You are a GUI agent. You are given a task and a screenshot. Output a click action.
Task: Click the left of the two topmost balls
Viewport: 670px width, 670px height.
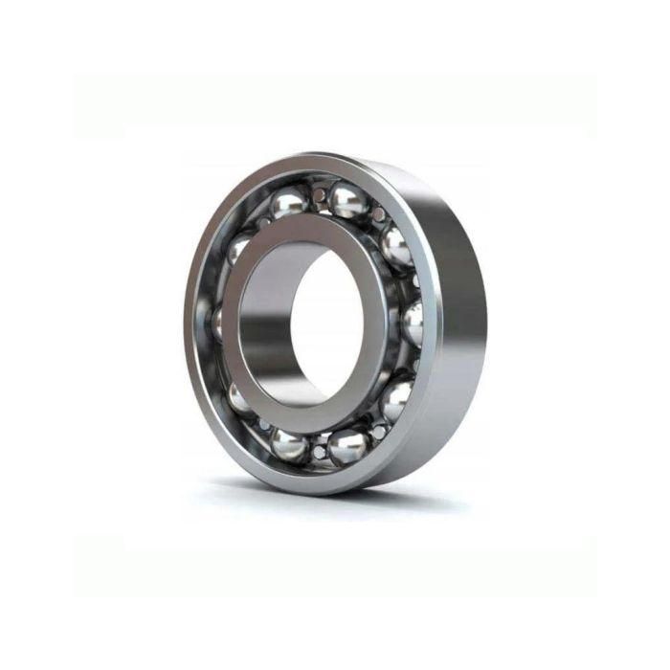tap(289, 202)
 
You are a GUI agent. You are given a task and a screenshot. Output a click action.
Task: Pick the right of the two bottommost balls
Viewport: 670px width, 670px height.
tap(348, 445)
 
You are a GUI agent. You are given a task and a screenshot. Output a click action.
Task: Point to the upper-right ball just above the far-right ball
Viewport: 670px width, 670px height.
tap(395, 246)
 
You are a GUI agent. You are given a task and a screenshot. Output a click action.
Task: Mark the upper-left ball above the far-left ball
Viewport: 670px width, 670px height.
tap(239, 251)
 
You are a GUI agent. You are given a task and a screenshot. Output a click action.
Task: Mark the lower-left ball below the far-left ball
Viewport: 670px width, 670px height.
tap(240, 394)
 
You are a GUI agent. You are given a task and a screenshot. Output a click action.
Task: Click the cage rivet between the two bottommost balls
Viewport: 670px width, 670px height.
tap(319, 449)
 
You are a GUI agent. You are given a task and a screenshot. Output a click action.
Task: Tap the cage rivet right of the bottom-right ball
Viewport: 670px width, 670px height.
tap(380, 432)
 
